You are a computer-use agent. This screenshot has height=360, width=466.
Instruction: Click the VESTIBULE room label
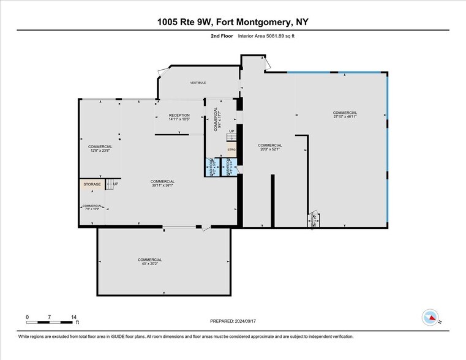[198, 82]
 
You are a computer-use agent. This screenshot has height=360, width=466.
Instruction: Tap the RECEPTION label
[179, 115]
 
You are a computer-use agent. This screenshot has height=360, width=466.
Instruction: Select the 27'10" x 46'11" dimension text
[345, 117]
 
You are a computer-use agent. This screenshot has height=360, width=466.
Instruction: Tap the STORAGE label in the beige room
[92, 184]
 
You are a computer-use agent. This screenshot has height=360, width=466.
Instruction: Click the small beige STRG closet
[231, 149]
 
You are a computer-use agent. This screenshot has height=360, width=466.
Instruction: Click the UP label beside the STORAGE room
[116, 184]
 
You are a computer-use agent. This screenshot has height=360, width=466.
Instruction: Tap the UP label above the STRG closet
[231, 131]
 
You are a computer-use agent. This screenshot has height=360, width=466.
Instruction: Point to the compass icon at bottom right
[430, 317]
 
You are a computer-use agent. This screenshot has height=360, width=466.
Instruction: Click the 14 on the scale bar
[73, 317]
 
